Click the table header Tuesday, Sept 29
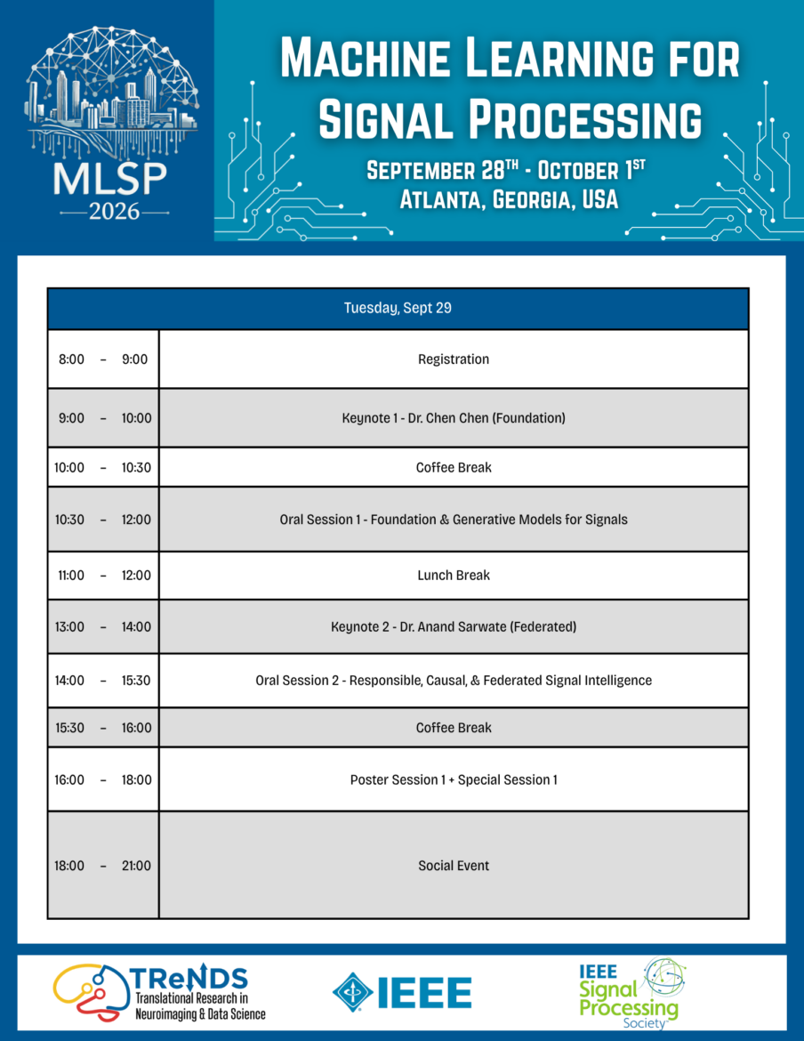(398, 308)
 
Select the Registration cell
(454, 359)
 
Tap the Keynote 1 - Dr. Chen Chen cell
(454, 418)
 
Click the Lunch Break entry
(454, 576)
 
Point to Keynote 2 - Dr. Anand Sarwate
(454, 626)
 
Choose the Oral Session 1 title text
(454, 520)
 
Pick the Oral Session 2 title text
(454, 681)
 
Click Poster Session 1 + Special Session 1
(454, 779)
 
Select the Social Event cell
(454, 866)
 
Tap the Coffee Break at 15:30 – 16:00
(454, 728)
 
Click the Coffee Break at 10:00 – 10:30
(454, 467)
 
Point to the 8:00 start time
(72, 359)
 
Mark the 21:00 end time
(136, 866)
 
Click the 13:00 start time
(69, 626)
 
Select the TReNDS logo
(159, 993)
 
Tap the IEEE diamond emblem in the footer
(352, 993)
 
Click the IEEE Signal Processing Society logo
(631, 993)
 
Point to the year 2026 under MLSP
(114, 213)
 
